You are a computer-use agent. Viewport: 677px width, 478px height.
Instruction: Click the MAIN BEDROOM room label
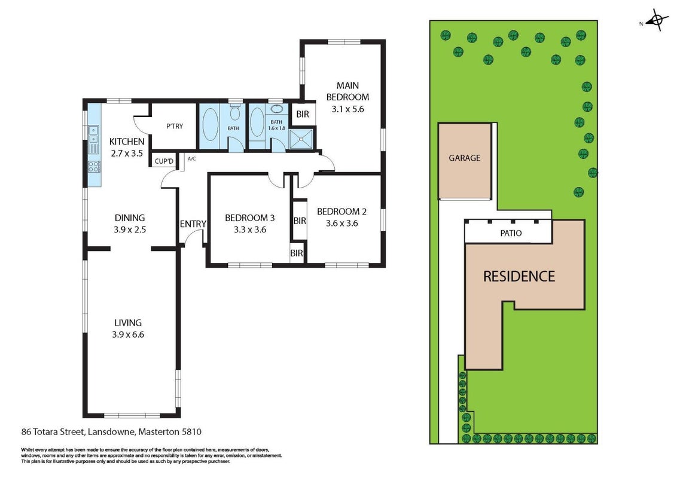coord(347,91)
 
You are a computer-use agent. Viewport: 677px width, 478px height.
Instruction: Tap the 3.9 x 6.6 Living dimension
coord(128,335)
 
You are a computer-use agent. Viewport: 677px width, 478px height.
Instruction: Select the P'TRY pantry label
coord(175,126)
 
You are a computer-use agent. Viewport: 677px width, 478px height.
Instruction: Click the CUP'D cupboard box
coord(164,161)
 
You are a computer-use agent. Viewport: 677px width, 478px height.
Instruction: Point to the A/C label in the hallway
coord(192,159)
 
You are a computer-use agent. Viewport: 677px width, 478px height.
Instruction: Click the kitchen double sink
coord(94,134)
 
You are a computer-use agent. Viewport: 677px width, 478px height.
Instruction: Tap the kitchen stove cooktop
coord(94,166)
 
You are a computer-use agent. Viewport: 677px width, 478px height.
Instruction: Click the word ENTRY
coord(193,224)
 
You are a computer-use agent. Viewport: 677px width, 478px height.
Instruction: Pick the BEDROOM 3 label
coord(249,218)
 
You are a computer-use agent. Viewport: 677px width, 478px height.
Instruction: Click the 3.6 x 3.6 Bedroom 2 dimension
coord(342,223)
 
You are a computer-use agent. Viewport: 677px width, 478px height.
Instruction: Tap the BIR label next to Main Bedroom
coord(303,114)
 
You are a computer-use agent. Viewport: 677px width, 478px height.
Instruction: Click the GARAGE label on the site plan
coord(465,158)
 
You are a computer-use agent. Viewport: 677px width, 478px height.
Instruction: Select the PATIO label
coord(511,233)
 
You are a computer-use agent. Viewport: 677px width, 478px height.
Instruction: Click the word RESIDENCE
coord(519,276)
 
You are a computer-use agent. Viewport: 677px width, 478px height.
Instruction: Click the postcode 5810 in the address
coord(192,431)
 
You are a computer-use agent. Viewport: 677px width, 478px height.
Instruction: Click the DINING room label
coord(130,218)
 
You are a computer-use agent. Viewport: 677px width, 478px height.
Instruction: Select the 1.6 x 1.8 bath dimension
coord(277,128)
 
